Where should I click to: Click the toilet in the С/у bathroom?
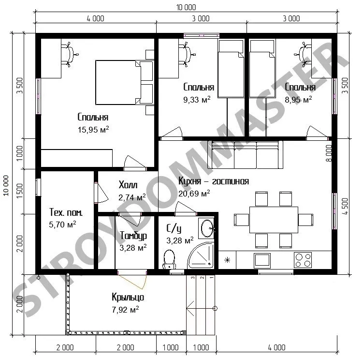[x=170, y=259]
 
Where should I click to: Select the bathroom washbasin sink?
[x=207, y=228]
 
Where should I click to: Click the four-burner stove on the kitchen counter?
[x=303, y=260]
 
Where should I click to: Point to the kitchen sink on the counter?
[x=262, y=260]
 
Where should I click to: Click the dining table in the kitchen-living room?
[x=274, y=220]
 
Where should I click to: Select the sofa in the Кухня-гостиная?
[x=245, y=155]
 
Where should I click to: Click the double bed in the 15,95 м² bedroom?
[x=124, y=82]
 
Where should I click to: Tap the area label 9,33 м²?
[x=197, y=100]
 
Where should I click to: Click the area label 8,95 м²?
[x=298, y=100]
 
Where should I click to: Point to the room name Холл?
[x=128, y=185]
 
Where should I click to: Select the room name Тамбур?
[x=133, y=236]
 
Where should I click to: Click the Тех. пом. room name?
[x=66, y=212]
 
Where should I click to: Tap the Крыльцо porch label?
[x=128, y=297]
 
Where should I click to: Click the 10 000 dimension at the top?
[x=186, y=7]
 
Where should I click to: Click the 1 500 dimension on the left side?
[x=20, y=191]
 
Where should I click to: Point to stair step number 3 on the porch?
[x=192, y=277]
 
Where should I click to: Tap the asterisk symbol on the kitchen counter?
[x=227, y=260]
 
